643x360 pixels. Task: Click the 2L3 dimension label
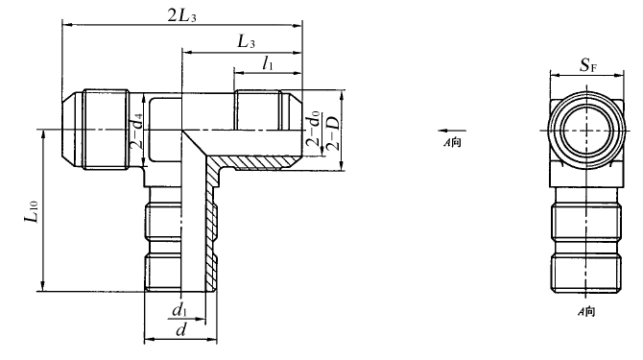tap(182, 15)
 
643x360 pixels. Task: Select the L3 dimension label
tap(247, 42)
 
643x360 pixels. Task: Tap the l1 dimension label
tap(268, 63)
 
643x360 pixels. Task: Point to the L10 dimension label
tap(31, 212)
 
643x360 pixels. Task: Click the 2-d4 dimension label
tap(136, 131)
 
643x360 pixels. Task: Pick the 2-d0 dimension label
tap(313, 131)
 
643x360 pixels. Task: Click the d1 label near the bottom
tap(179, 310)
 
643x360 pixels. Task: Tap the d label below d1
tap(180, 329)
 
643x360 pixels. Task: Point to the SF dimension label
tap(587, 65)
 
